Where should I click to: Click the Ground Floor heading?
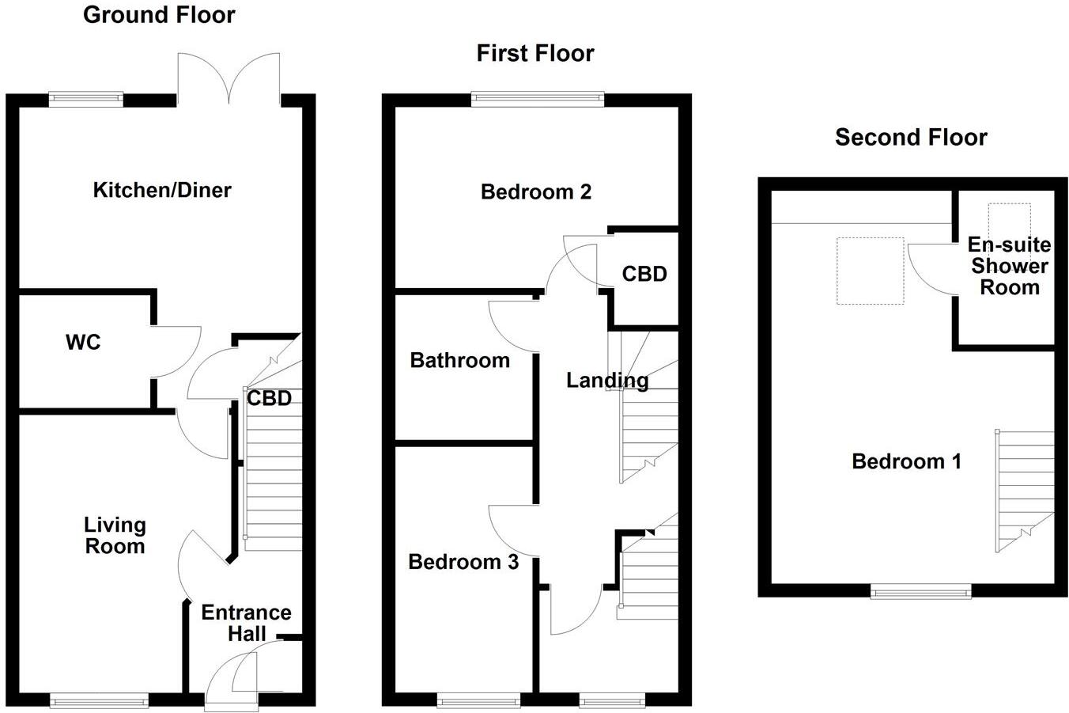(x=159, y=15)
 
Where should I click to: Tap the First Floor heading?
(x=535, y=53)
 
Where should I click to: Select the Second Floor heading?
(x=911, y=138)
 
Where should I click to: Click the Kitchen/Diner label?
(x=162, y=190)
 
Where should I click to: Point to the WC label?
(x=83, y=343)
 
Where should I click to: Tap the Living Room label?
(x=115, y=536)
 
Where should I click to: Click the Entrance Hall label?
(x=246, y=624)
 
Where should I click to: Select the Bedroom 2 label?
(x=536, y=192)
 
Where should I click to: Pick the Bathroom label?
(x=460, y=361)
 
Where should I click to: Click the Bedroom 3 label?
(x=463, y=562)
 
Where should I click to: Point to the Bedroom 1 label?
(x=907, y=462)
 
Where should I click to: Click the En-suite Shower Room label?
(x=1010, y=266)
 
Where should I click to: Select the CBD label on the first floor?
(x=644, y=274)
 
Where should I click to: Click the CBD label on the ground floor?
(x=269, y=398)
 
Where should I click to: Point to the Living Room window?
(x=100, y=700)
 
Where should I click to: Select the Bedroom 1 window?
(x=920, y=592)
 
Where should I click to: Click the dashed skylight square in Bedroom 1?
(x=870, y=271)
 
